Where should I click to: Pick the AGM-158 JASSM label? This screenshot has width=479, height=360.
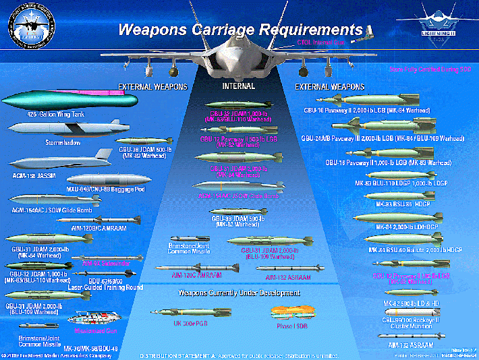[34, 175]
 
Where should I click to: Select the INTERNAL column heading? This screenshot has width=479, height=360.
[238, 86]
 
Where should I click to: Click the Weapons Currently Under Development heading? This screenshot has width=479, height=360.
[239, 293]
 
